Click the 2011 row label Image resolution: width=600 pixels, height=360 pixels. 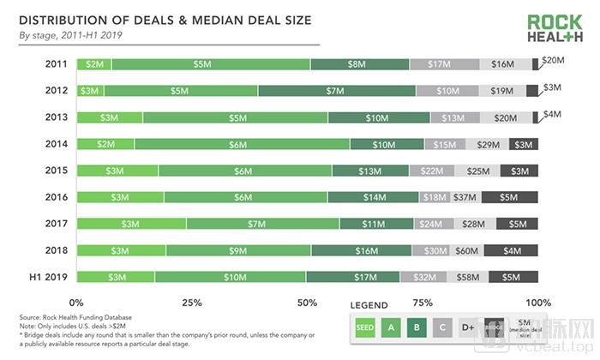(x=57, y=63)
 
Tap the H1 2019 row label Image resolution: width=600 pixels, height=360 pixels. (x=51, y=277)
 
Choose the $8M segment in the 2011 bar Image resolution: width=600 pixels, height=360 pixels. (x=360, y=63)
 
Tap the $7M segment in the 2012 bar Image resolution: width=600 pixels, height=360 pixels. (x=336, y=90)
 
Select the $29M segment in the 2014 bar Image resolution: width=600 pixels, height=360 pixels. (x=483, y=144)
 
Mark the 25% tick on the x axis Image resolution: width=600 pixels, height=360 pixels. (x=192, y=303)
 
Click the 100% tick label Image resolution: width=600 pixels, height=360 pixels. (x=537, y=303)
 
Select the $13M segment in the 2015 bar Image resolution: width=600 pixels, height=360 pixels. (x=370, y=171)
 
